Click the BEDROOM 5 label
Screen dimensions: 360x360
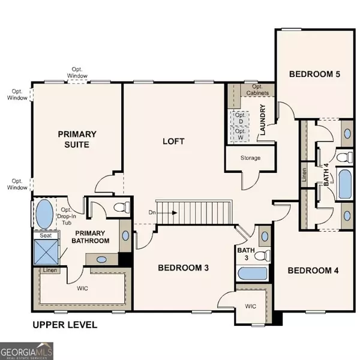[314, 74]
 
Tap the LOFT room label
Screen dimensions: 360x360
[173, 142]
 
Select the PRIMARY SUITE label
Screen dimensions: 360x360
[73, 139]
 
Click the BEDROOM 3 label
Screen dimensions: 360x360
[183, 268]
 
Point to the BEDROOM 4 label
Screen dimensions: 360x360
[313, 271]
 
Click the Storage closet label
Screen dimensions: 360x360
[250, 158]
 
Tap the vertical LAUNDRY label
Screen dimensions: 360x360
[262, 121]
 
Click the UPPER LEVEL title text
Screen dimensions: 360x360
[65, 326]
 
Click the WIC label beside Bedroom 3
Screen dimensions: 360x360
[250, 306]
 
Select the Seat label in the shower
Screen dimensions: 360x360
[46, 236]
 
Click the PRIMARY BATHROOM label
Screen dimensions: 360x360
[92, 236]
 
